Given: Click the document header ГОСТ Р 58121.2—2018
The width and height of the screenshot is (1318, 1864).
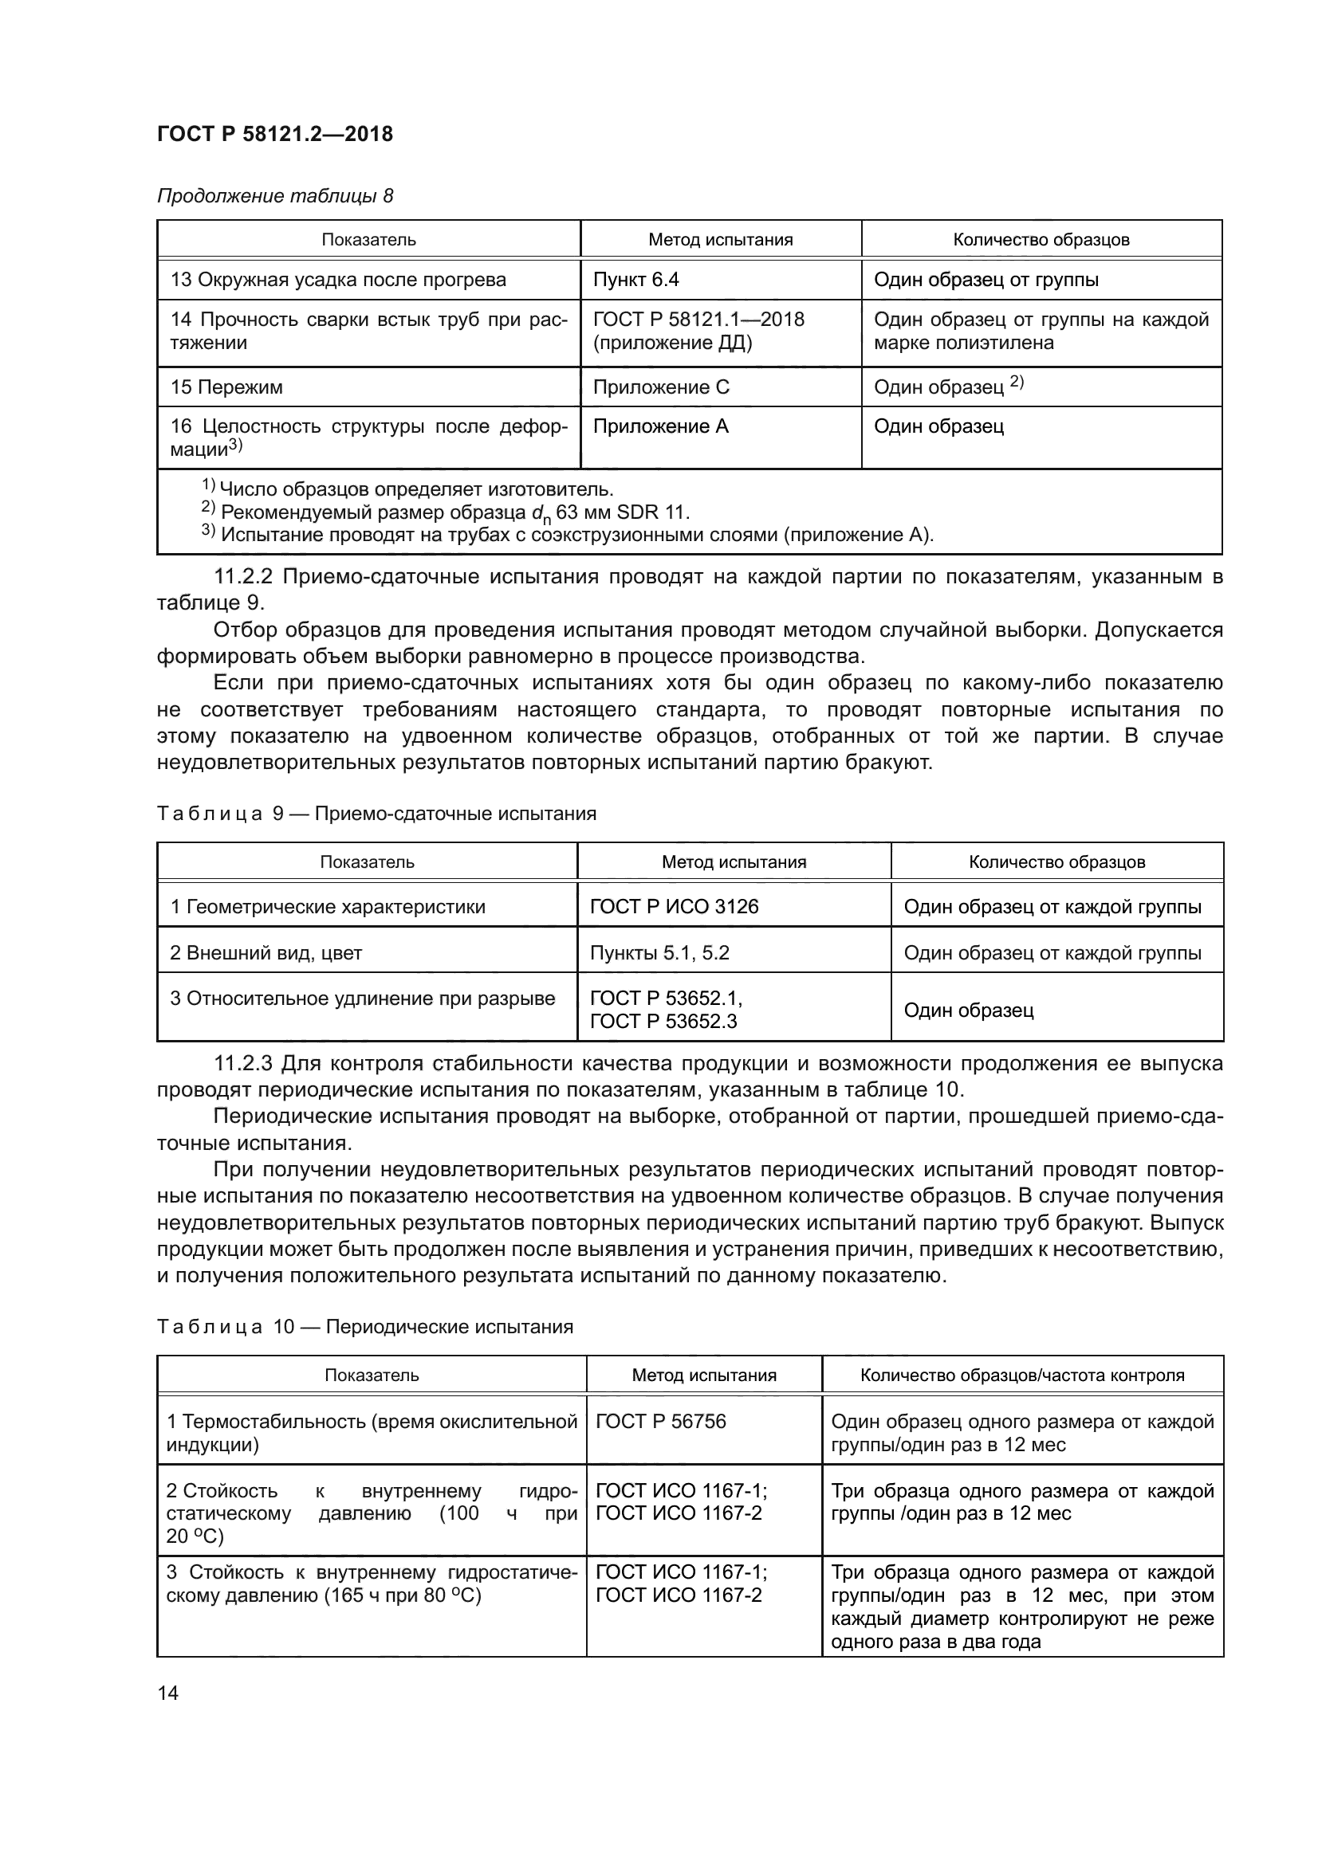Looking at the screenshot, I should pyautogui.click(x=274, y=134).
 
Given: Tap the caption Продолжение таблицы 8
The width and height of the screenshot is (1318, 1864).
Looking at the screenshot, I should pyautogui.click(x=274, y=196).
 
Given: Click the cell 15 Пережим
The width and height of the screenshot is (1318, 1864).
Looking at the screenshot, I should pyautogui.click(x=226, y=387).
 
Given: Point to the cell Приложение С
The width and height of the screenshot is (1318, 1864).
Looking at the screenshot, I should pyautogui.click(x=661, y=387).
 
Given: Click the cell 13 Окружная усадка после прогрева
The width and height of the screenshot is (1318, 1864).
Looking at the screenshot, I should pyautogui.click(x=338, y=279).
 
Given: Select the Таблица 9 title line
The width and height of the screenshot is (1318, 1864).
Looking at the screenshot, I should pyautogui.click(x=376, y=814).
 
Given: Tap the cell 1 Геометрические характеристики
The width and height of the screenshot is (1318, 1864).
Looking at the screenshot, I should pyautogui.click(x=327, y=906).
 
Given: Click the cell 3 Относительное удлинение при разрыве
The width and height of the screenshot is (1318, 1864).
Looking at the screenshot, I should pyautogui.click(x=362, y=998).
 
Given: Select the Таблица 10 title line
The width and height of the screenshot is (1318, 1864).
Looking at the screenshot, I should pyautogui.click(x=364, y=1327).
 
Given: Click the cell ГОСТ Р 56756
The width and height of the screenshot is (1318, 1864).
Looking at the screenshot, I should pyautogui.click(x=660, y=1421).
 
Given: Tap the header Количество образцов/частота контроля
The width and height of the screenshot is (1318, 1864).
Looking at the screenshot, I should pyautogui.click(x=1021, y=1375).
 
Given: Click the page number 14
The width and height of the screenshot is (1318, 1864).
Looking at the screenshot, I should pyautogui.click(x=168, y=1693).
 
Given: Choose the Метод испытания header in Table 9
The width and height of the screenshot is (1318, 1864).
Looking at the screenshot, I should pyautogui.click(x=734, y=862).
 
